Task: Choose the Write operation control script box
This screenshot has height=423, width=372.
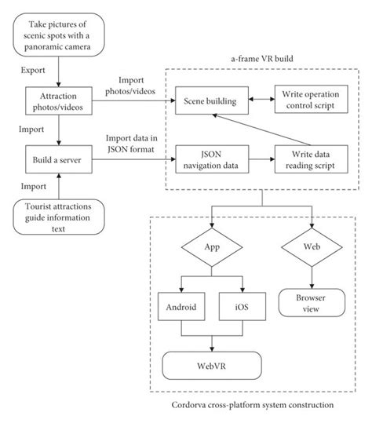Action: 310,101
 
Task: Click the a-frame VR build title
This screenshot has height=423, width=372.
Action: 261,59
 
